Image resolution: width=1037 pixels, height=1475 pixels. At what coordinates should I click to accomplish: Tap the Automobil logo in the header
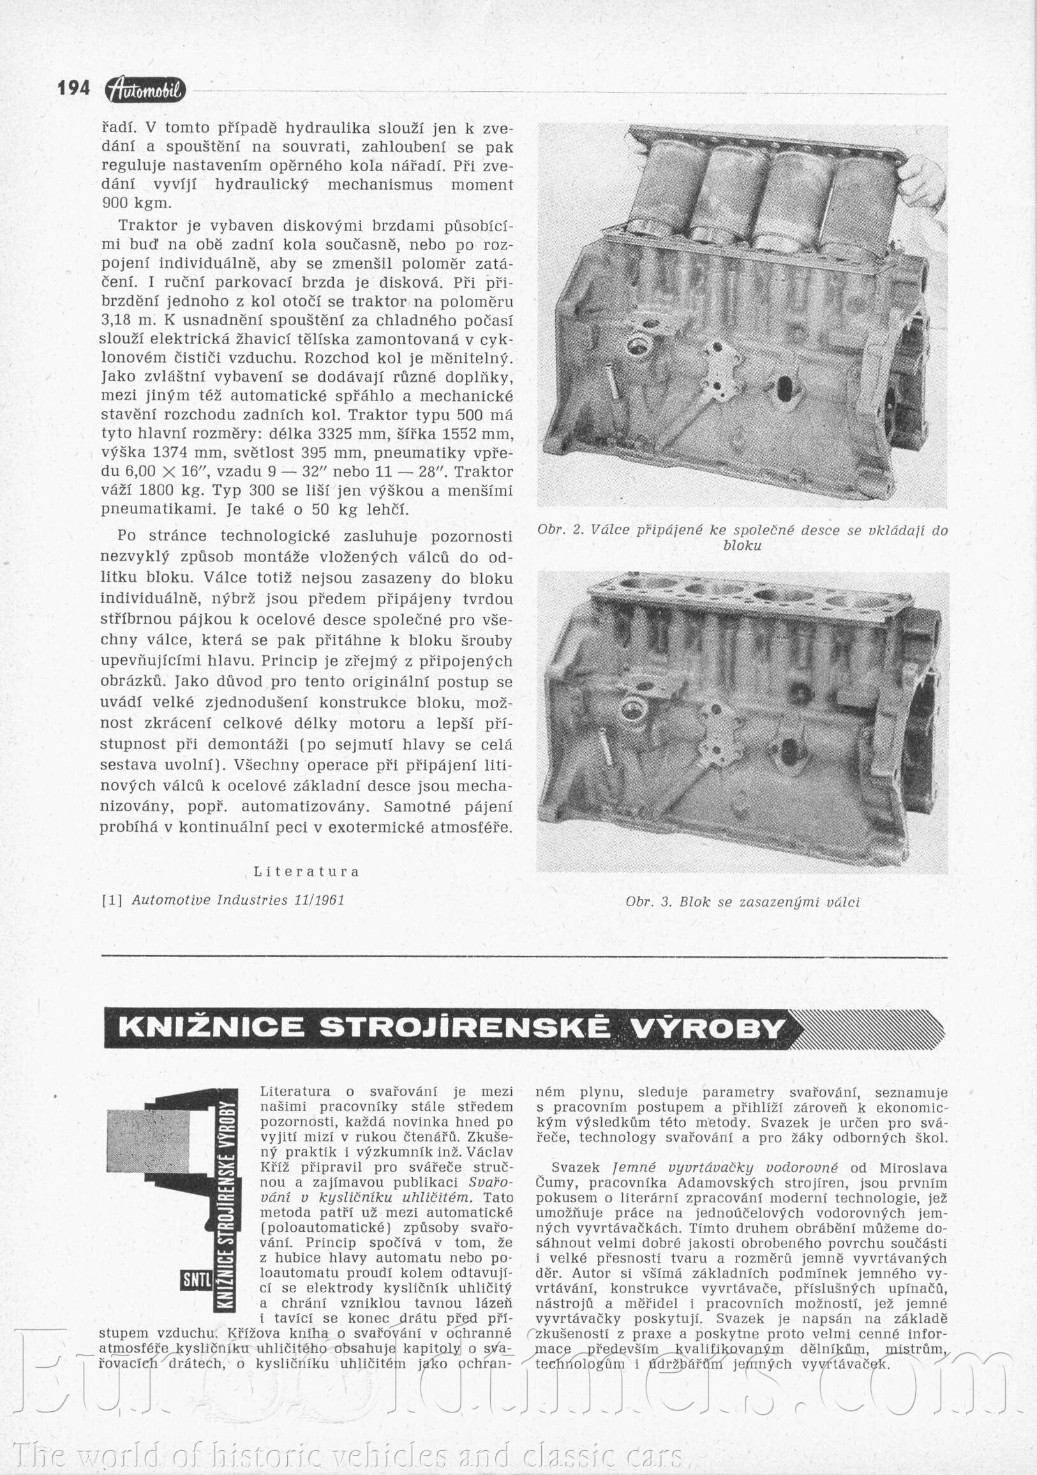click(145, 90)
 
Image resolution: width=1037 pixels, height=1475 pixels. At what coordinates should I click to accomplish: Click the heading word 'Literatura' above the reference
click(306, 872)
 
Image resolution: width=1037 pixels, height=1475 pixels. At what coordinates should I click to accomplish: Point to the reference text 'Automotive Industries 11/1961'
click(238, 900)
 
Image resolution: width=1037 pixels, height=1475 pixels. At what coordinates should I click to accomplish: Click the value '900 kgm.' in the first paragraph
click(137, 204)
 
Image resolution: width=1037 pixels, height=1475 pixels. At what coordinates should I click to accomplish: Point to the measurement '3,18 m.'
click(123, 320)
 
